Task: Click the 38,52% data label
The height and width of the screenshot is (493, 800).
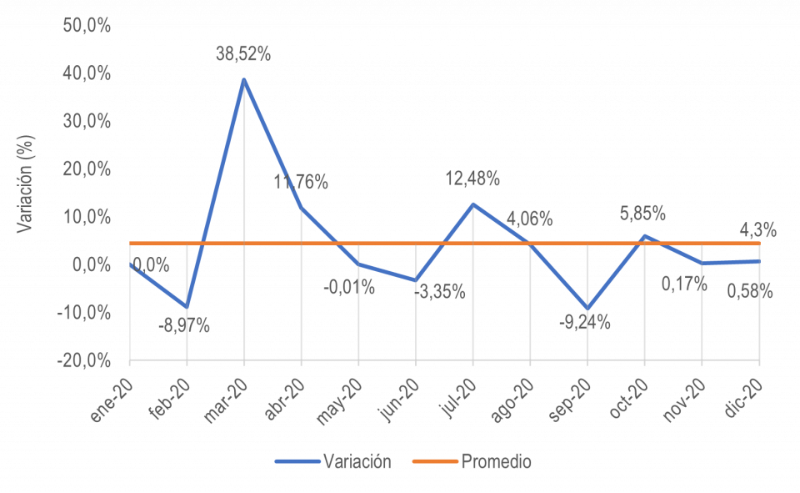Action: [243, 55]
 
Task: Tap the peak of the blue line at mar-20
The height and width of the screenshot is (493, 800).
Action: [244, 79]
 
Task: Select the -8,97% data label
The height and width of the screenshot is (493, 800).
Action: [183, 326]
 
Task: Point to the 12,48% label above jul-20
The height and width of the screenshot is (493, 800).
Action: [472, 179]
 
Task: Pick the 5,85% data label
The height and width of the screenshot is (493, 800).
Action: [642, 214]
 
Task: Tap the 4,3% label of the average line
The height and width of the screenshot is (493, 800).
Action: [757, 229]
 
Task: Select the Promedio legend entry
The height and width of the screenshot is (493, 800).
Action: [497, 461]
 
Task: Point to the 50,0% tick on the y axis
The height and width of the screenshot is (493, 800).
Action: [87, 25]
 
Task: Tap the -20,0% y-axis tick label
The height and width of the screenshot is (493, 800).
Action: [85, 360]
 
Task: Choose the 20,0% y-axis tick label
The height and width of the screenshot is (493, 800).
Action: [87, 169]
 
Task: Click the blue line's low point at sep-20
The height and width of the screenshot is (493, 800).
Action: [588, 309]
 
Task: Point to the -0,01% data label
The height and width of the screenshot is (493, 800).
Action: [349, 288]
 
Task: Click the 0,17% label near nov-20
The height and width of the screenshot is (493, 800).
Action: [683, 284]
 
